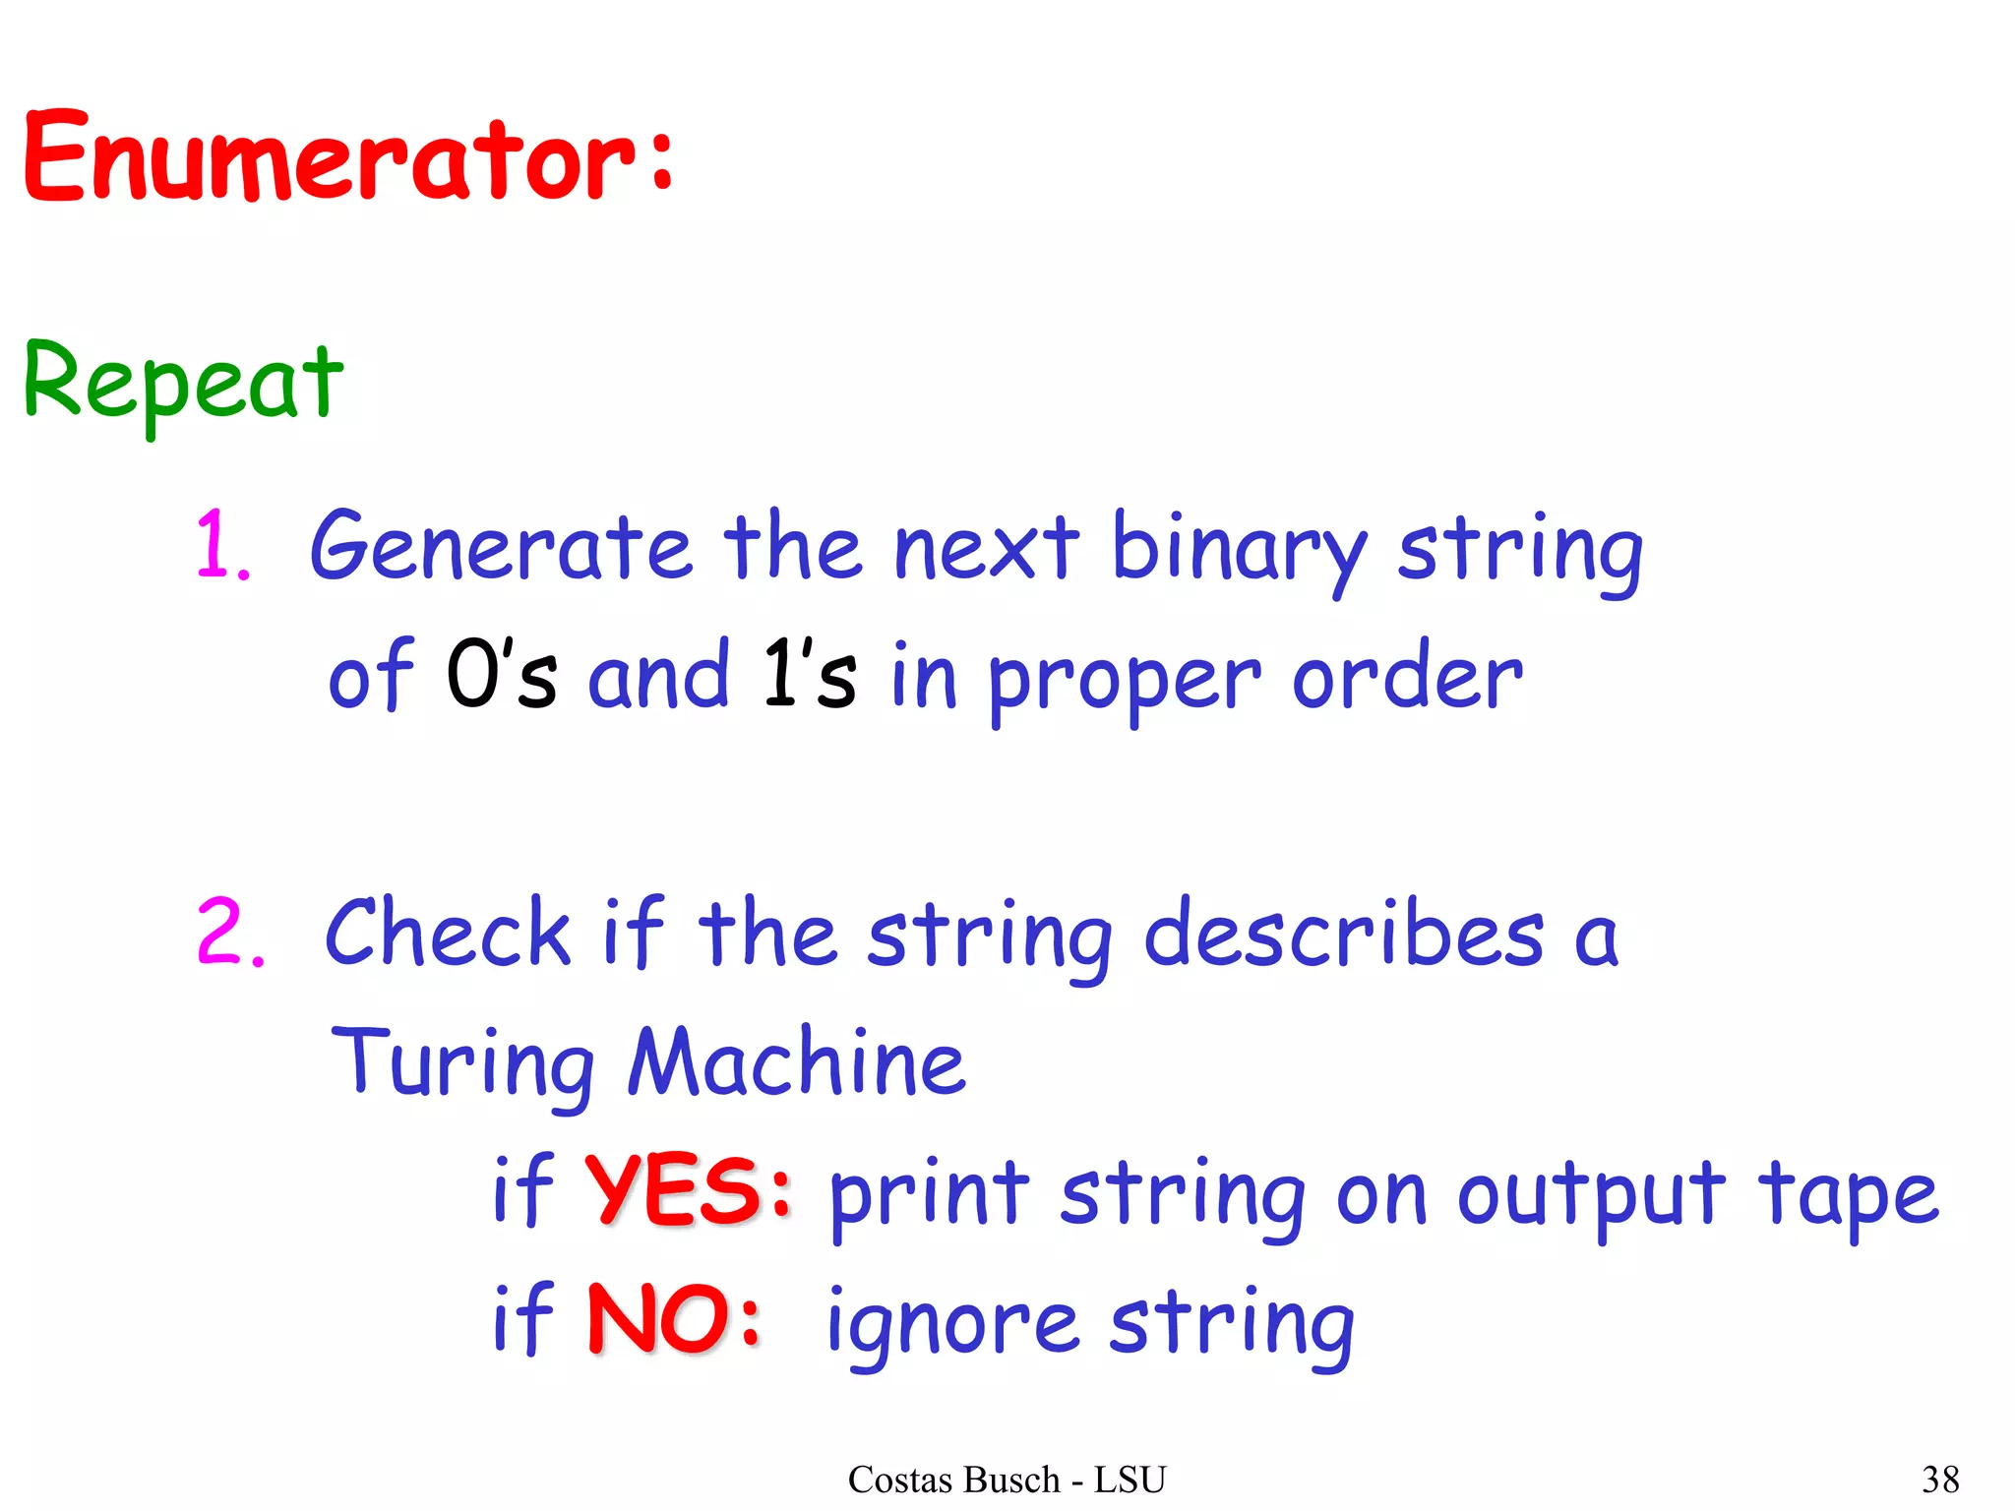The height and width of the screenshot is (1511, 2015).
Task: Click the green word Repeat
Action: coord(183,384)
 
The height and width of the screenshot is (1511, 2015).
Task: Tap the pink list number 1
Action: coord(218,546)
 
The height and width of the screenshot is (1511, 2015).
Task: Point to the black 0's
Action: coord(500,675)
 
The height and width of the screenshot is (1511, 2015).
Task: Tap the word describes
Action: coord(1344,935)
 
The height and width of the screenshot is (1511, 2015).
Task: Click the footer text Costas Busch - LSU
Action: coord(1007,1480)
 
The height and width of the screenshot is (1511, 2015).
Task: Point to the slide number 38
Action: coord(1940,1480)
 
